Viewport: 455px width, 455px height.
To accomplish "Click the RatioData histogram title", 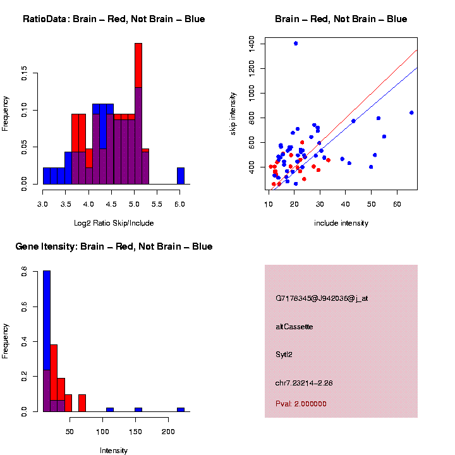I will (114, 19).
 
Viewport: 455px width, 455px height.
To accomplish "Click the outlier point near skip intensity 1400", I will (296, 44).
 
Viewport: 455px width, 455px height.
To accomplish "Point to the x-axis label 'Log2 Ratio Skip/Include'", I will (114, 222).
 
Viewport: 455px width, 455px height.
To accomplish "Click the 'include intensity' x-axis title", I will (341, 222).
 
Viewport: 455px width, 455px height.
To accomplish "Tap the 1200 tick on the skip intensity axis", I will (252, 68).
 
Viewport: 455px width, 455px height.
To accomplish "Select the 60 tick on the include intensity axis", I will (397, 204).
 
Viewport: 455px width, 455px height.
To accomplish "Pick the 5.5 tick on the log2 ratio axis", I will (157, 205).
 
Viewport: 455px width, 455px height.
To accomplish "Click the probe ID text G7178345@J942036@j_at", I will (322, 298).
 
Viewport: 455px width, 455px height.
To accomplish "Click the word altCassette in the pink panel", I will (294, 327).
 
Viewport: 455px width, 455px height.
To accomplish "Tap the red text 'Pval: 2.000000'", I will (301, 404).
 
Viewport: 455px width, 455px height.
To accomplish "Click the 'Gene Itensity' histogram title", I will (114, 246).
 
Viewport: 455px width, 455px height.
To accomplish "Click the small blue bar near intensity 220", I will (181, 409).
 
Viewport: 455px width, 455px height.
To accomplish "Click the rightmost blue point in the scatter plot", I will (411, 112).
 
